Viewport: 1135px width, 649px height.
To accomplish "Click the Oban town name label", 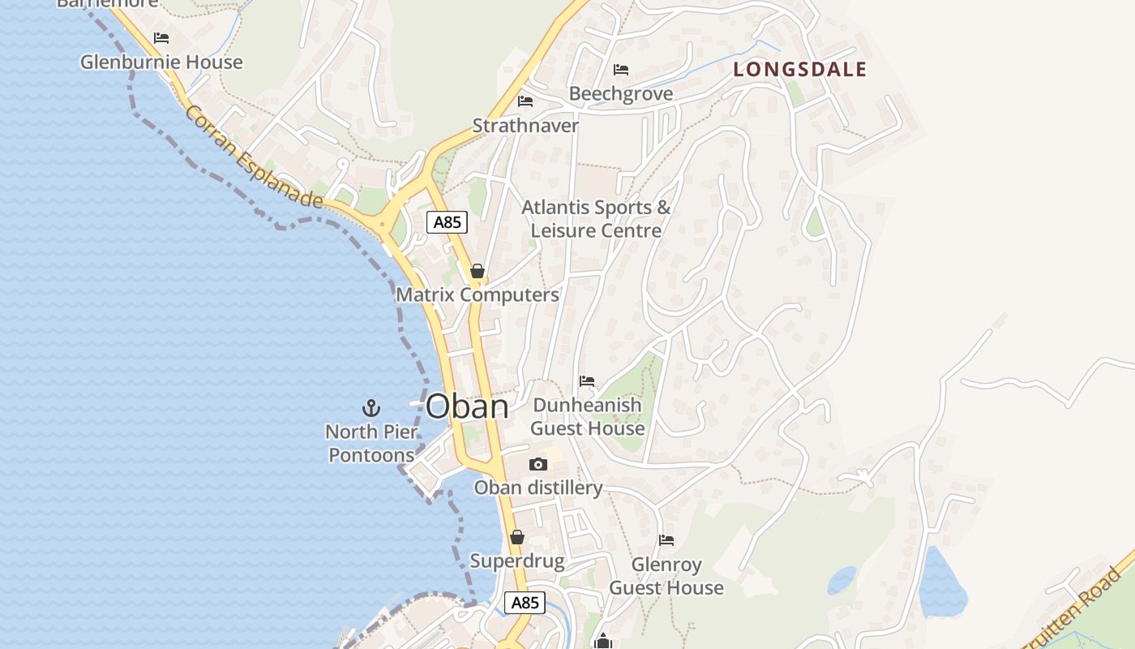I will pyautogui.click(x=467, y=406).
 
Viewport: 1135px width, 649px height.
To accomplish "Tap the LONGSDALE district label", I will pyautogui.click(x=800, y=70).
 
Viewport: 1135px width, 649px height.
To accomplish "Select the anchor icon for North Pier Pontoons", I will pyautogui.click(x=371, y=407).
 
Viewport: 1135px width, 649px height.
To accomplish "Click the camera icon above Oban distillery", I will pyautogui.click(x=538, y=465).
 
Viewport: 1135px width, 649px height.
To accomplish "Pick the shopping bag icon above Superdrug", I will pyautogui.click(x=517, y=537).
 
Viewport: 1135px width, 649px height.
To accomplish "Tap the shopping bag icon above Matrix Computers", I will pyautogui.click(x=478, y=271).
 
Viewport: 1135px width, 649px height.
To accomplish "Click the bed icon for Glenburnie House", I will pyautogui.click(x=161, y=38).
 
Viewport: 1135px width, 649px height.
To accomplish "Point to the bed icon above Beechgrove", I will pyautogui.click(x=621, y=70).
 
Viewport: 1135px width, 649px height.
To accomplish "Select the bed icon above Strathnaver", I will pyautogui.click(x=525, y=101).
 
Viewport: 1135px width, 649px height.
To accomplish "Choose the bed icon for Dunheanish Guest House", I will pyautogui.click(x=587, y=381).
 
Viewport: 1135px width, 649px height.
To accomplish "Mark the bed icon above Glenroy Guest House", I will pyautogui.click(x=666, y=540).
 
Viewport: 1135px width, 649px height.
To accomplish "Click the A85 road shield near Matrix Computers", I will pyautogui.click(x=447, y=222).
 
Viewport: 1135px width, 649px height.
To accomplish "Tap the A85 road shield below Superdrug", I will pyautogui.click(x=525, y=603).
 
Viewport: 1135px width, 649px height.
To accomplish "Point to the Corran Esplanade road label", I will pyautogui.click(x=254, y=156).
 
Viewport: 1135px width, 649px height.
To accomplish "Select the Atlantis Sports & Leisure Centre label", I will pyautogui.click(x=596, y=219).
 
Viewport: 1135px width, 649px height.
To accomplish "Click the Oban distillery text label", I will pyautogui.click(x=538, y=488).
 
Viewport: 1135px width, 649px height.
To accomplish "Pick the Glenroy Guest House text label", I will pyautogui.click(x=666, y=576).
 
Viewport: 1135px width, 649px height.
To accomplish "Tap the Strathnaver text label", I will pyautogui.click(x=525, y=126).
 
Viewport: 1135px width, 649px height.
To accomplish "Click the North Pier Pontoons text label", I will pyautogui.click(x=371, y=443).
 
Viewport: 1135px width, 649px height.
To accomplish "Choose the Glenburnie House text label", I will pyautogui.click(x=161, y=62).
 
